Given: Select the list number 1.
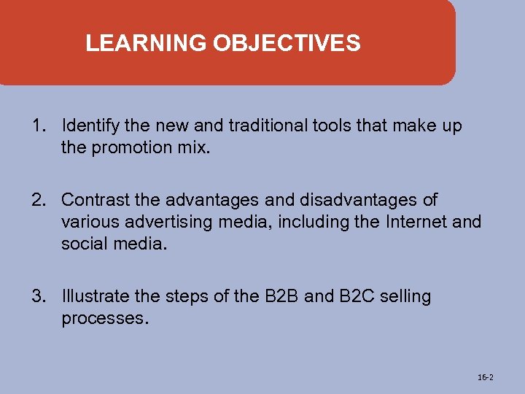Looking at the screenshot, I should pyautogui.click(x=38, y=126).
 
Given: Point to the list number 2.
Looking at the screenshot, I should pyautogui.click(x=38, y=199).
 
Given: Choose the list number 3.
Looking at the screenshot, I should pyautogui.click(x=38, y=297).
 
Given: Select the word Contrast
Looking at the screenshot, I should pyautogui.click(x=90, y=199).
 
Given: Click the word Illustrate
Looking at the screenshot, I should pyautogui.click(x=94, y=297).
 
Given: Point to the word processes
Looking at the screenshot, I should pyautogui.click(x=105, y=319).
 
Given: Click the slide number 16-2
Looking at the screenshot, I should pyautogui.click(x=485, y=377).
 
